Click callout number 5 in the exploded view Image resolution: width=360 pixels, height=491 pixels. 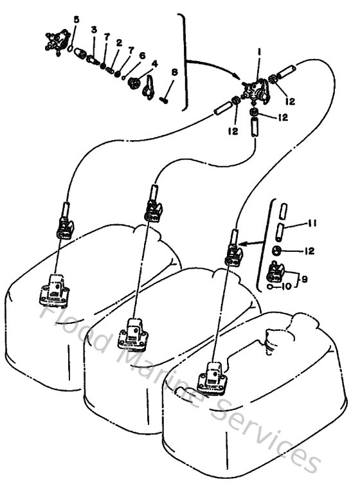point(76,20)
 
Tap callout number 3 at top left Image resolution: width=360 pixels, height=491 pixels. point(94,30)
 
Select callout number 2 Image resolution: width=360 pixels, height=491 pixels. point(119,43)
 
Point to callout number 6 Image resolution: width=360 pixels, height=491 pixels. point(142,56)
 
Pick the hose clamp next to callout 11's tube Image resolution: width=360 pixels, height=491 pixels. point(276,250)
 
